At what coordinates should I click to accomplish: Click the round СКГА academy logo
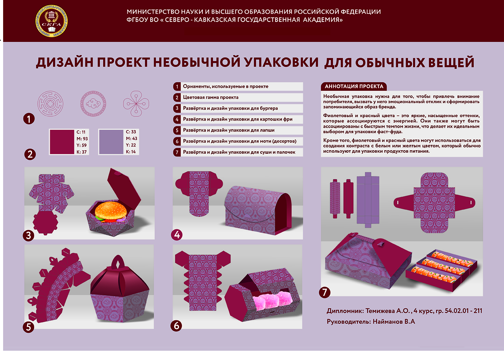(x=52, y=21)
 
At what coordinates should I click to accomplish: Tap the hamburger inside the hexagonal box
(x=111, y=211)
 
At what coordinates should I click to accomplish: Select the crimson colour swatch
(x=62, y=142)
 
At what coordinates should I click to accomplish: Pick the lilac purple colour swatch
(x=111, y=142)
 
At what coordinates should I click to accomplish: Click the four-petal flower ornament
(x=136, y=104)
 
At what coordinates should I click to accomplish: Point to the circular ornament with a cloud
(x=93, y=104)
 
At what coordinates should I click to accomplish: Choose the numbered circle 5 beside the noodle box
(x=28, y=327)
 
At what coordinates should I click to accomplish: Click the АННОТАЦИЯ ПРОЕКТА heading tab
(x=354, y=86)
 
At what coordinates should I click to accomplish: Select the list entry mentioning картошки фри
(x=238, y=119)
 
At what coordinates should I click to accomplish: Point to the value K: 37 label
(x=82, y=152)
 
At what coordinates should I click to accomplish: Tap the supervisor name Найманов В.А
(x=394, y=321)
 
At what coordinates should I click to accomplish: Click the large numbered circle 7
(x=324, y=292)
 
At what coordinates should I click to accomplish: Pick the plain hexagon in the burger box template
(x=45, y=223)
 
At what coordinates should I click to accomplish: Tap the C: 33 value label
(x=131, y=131)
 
